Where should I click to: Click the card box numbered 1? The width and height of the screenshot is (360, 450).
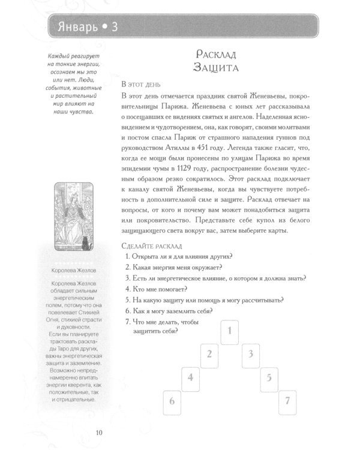230,330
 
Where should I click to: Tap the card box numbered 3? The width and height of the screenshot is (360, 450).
250,353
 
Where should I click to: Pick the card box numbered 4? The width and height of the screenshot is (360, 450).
190,377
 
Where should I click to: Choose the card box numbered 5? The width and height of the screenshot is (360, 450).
269,377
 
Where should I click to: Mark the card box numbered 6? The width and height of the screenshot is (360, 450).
172,401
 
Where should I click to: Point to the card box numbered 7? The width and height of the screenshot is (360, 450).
289,401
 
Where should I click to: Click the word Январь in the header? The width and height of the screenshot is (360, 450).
75,27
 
